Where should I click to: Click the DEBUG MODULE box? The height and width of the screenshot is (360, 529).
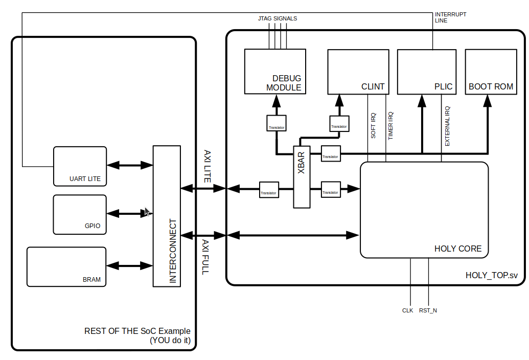coord(275,72)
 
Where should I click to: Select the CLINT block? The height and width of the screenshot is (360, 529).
coord(357,72)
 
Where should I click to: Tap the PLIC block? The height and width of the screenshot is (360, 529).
coord(426,72)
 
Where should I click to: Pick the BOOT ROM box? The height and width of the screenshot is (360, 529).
coord(491,72)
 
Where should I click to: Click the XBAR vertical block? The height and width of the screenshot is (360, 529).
coord(302,177)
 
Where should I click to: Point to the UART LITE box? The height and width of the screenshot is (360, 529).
coord(80,166)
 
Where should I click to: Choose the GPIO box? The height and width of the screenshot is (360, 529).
coord(80,214)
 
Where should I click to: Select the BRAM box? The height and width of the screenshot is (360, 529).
coord(67,266)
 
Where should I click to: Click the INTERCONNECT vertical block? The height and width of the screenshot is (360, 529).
coord(167,216)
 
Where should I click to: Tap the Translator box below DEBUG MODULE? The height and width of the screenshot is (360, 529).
coord(277,123)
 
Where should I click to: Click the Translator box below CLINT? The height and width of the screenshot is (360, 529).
coord(339,123)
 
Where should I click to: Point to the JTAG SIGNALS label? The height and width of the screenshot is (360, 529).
coord(278,18)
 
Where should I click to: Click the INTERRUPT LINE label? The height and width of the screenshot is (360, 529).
coord(450,17)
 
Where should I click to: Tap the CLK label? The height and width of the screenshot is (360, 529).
coord(407,310)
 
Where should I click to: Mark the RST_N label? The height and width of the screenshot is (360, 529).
coord(428,310)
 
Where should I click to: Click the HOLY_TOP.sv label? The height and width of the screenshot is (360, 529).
coord(491,275)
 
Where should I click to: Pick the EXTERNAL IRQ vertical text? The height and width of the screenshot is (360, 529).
coord(447,126)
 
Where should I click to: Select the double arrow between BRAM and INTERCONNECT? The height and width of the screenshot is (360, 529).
coord(130,266)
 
